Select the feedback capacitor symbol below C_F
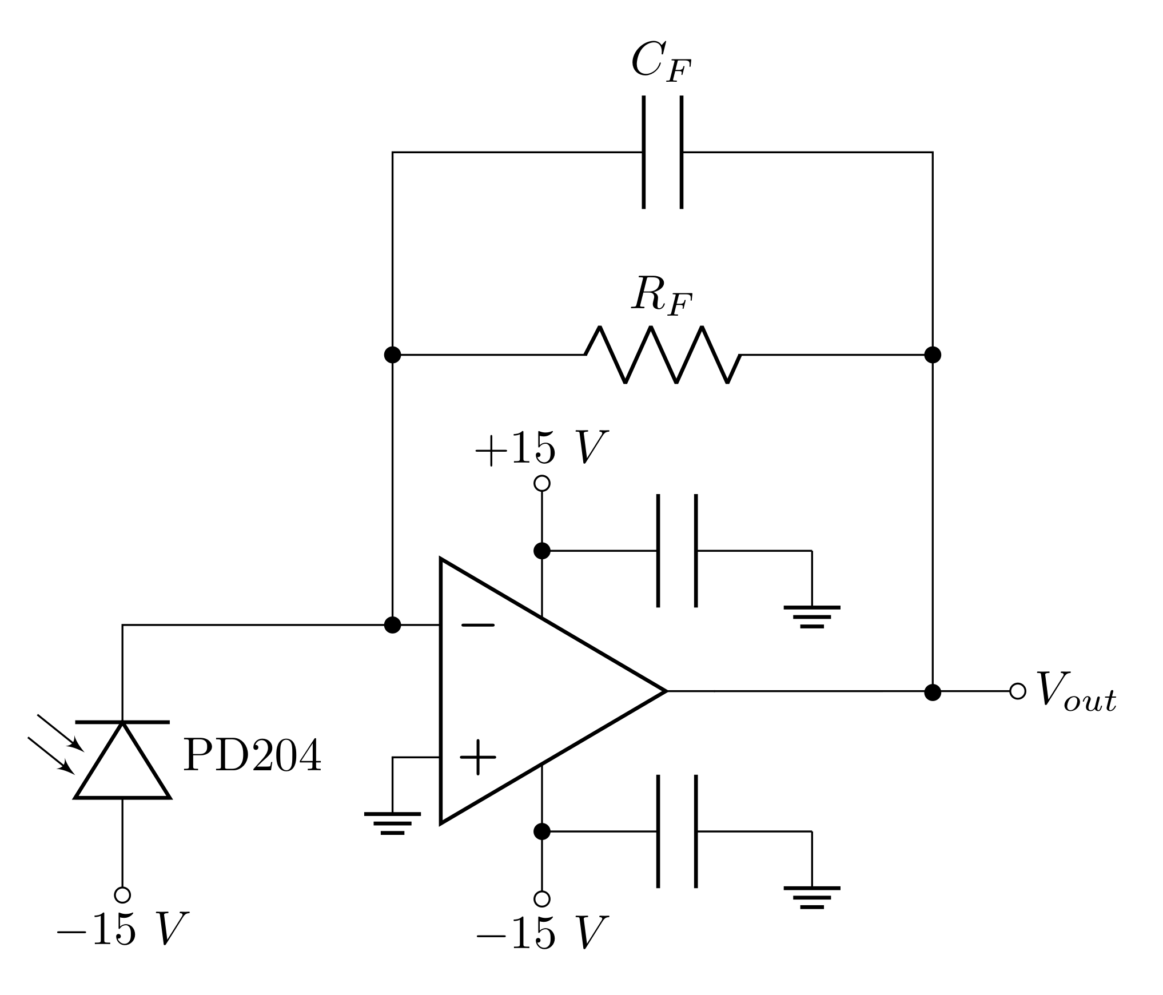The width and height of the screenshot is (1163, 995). [663, 152]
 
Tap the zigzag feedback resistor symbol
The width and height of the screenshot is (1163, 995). [663, 355]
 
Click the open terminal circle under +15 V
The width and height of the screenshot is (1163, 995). [541, 484]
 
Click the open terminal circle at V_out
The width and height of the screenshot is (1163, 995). [1018, 691]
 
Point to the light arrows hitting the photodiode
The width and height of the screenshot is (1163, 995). [55, 743]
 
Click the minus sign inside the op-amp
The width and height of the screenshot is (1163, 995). [477, 626]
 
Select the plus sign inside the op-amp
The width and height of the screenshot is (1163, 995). [477, 757]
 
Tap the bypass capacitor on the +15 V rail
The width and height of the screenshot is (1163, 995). [677, 551]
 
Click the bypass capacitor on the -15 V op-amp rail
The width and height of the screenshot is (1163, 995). [677, 831]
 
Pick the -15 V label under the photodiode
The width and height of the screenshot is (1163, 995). [122, 929]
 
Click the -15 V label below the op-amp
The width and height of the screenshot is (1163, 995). [541, 933]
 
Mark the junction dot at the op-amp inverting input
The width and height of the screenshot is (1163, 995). [392, 625]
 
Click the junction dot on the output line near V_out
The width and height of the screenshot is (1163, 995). [933, 692]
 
